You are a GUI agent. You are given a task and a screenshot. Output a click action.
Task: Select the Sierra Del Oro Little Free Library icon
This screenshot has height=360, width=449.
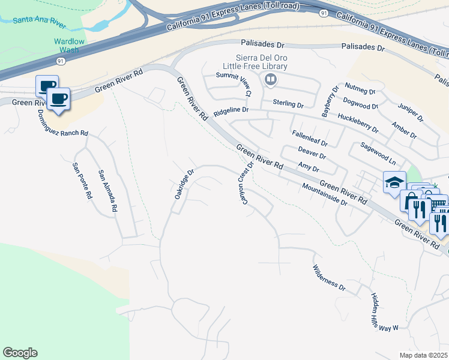tap(271, 79)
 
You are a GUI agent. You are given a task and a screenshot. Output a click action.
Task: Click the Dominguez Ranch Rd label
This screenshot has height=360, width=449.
tap(62, 124)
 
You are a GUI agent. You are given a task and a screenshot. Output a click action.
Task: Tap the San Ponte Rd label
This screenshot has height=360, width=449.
tap(82, 181)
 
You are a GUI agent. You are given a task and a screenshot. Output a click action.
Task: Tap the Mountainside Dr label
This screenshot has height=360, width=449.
tap(325, 194)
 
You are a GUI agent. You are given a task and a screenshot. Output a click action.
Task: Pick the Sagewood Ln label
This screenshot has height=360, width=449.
tap(378, 154)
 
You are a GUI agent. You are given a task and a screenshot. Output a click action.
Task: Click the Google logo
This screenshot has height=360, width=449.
tap(20, 353)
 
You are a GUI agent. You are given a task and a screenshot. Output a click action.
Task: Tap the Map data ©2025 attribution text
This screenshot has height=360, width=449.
tap(424, 355)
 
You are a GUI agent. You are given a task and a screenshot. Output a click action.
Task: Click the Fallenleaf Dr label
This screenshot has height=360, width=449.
tap(309, 139)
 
